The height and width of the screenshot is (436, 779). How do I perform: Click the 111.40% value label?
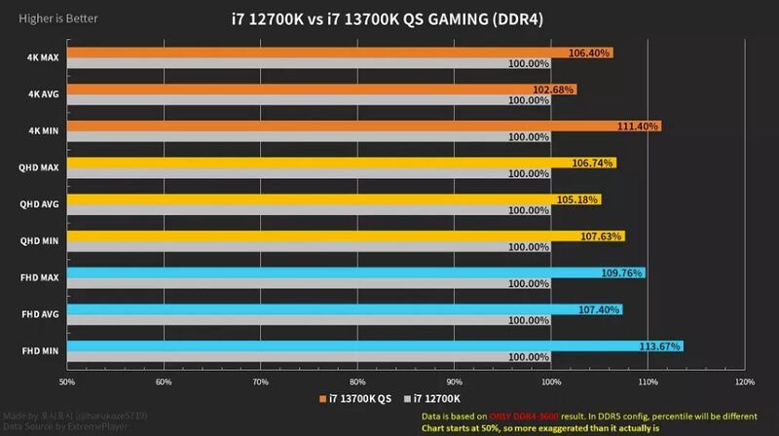pos(638,127)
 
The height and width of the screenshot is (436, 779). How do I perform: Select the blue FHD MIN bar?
pos(375,345)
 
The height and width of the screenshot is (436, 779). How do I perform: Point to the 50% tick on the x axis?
pos(67,381)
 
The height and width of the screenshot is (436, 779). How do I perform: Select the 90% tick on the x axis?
pos(455,381)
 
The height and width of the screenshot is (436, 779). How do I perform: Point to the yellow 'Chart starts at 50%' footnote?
pos(540,427)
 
